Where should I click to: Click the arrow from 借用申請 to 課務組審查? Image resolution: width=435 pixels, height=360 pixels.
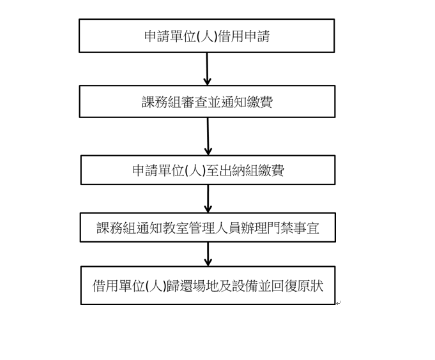pyautogui.click(x=207, y=69)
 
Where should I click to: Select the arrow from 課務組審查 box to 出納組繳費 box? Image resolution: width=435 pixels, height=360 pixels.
pyautogui.click(x=208, y=137)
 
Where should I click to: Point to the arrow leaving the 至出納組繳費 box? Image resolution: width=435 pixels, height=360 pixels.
pyautogui.click(x=208, y=199)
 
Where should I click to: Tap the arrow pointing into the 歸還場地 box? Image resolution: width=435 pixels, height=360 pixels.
pyautogui.click(x=208, y=255)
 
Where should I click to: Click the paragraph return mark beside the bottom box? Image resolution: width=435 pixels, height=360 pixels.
pyautogui.click(x=338, y=303)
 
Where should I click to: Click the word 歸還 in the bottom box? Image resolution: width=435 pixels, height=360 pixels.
pyautogui.click(x=179, y=286)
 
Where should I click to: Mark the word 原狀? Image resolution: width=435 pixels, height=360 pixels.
pyautogui.click(x=310, y=286)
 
